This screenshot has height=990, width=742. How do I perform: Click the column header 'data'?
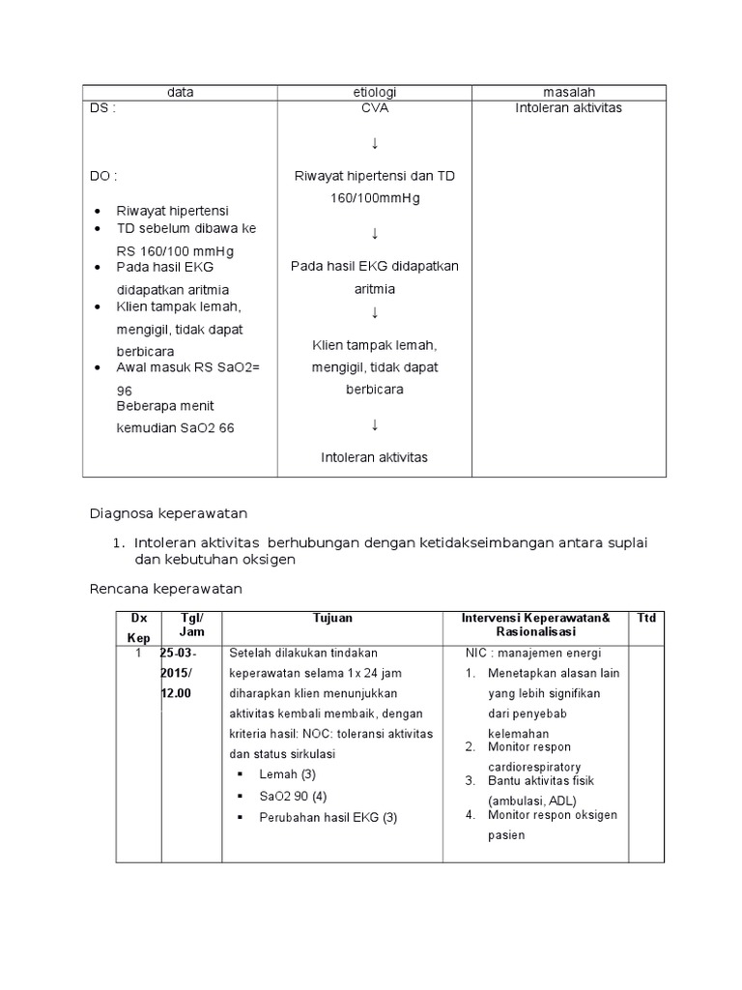[x=180, y=92]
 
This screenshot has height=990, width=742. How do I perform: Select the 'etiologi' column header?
[x=375, y=92]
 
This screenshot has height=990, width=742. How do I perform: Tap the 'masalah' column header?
[x=568, y=92]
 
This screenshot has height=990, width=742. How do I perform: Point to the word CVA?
[x=375, y=108]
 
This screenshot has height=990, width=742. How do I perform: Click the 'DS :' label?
[x=103, y=108]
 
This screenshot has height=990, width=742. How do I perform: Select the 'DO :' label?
[x=104, y=176]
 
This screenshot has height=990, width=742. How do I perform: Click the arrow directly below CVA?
[x=375, y=144]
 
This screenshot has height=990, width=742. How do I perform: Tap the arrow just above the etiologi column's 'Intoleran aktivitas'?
[x=375, y=425]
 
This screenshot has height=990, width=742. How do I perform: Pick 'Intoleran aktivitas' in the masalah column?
[x=568, y=108]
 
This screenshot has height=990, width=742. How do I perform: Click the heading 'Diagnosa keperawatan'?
[x=169, y=513]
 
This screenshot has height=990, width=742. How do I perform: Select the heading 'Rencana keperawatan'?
[x=165, y=588]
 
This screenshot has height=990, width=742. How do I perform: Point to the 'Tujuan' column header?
[x=332, y=618]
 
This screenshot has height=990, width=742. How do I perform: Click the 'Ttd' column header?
[x=646, y=618]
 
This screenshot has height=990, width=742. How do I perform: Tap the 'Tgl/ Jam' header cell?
[x=192, y=625]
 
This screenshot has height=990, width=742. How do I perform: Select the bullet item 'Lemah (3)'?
[x=288, y=774]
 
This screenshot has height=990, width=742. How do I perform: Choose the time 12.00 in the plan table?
[x=177, y=693]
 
